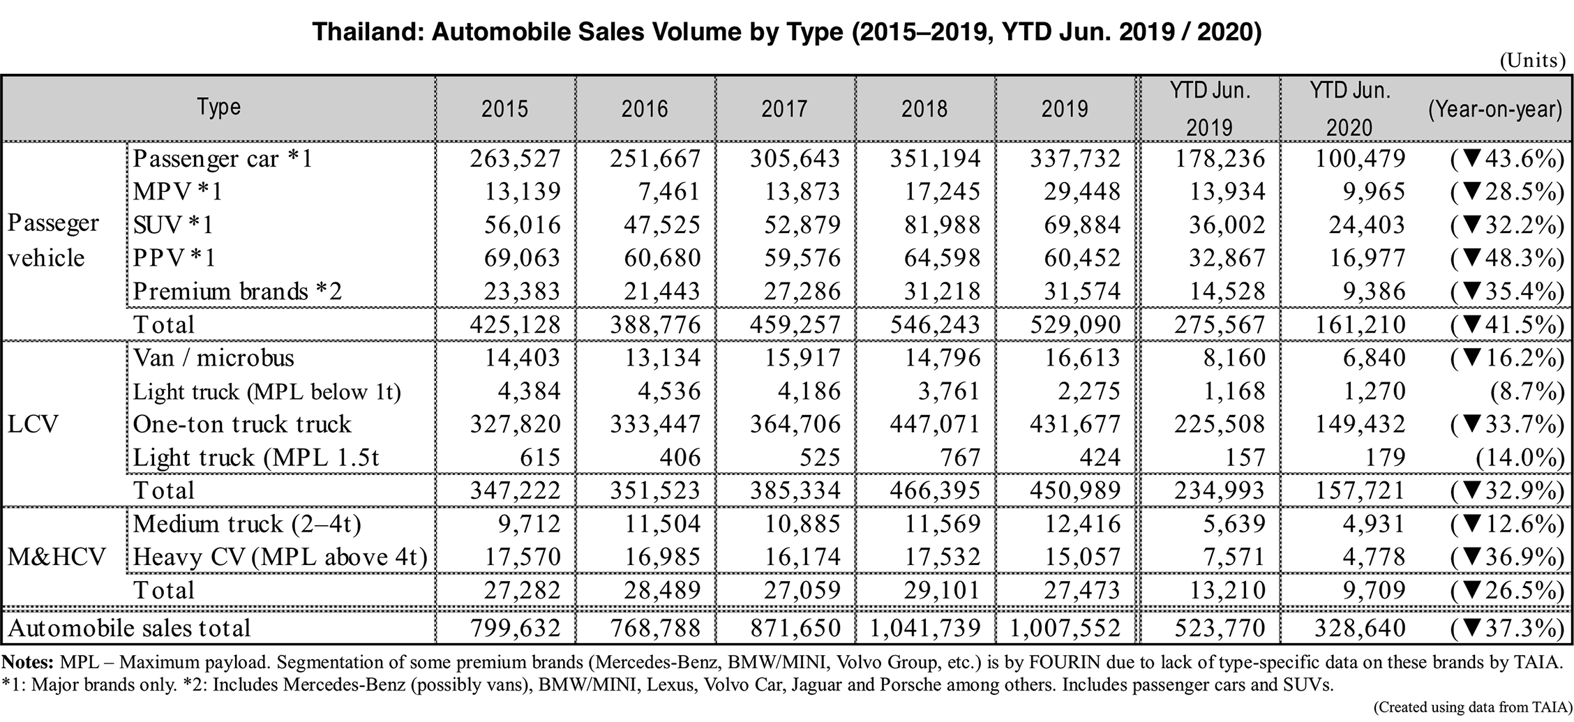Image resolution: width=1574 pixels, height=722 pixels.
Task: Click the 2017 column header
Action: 784,109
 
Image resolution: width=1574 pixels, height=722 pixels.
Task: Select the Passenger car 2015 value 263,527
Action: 515,158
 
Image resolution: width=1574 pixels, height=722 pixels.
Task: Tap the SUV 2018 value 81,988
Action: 935,225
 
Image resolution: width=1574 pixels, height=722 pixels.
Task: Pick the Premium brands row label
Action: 237,291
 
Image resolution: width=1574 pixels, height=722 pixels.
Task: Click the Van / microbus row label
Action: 213,358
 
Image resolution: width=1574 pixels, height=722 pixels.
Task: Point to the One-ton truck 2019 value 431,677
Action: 1075,424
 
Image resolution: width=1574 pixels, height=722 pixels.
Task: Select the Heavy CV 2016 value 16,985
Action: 662,557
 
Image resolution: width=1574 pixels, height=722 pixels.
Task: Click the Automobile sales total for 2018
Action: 925,628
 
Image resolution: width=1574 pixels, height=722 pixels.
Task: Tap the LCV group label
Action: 33,424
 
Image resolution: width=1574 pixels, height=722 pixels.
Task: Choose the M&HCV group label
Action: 57,557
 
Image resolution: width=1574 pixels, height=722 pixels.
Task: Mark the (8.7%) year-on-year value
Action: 1527,391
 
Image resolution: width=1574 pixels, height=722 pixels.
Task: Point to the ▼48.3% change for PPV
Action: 1506,258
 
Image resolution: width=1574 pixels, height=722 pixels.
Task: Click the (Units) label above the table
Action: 1532,61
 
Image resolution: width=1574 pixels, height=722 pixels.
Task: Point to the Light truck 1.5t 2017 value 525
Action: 819,457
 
